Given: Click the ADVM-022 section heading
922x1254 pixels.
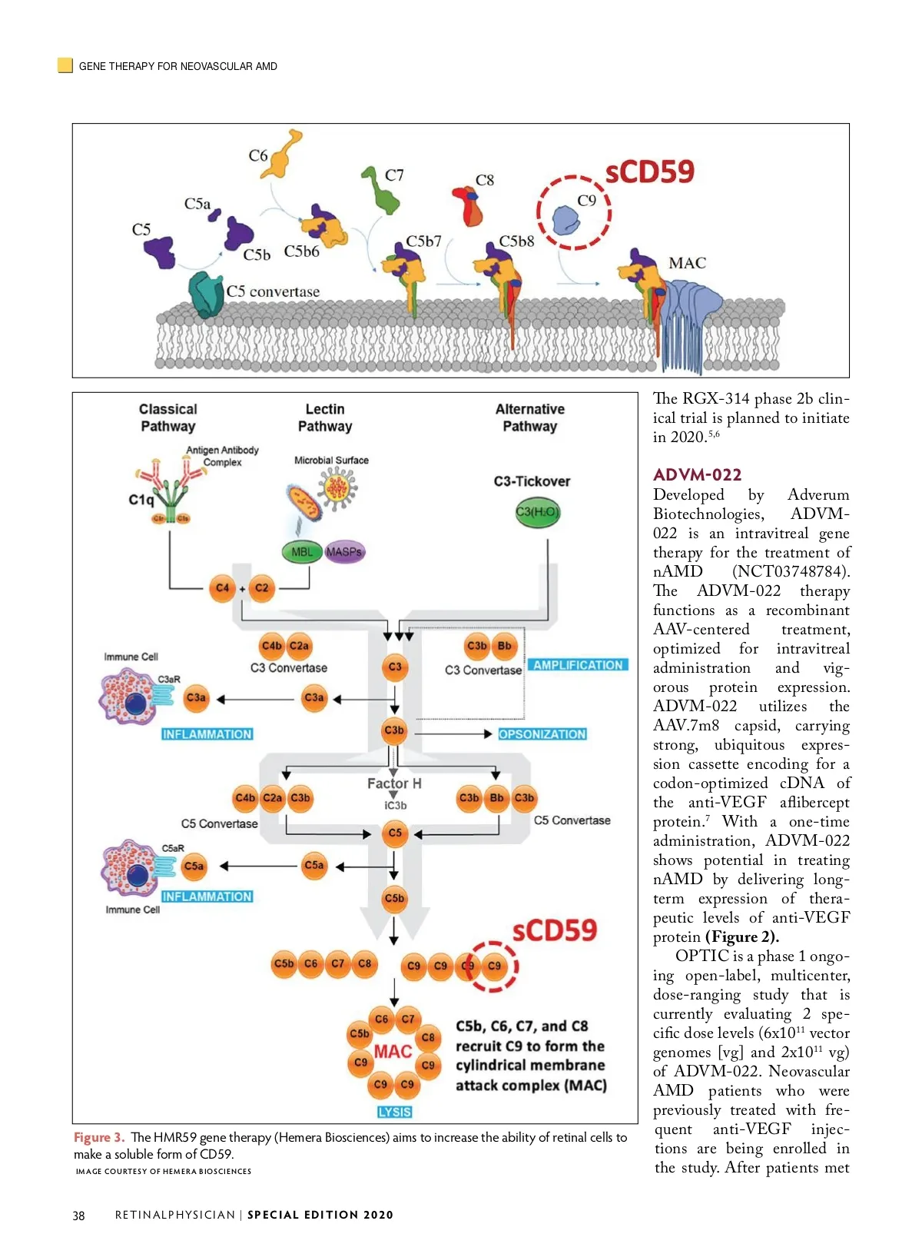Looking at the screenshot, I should point(697,474).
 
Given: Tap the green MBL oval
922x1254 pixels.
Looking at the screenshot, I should point(302,551).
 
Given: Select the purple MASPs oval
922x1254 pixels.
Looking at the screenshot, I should point(344,551).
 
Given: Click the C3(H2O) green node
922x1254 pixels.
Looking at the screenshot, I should point(537,512).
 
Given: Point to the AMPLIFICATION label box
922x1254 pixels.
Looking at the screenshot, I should point(578,665).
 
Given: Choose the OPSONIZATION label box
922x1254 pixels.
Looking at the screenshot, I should point(542,734).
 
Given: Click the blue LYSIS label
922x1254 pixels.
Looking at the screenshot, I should point(395,1112).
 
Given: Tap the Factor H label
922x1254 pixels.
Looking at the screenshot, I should point(394,783).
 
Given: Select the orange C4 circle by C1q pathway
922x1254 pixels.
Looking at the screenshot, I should point(222,588).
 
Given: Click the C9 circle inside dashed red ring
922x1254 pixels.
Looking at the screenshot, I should point(494,966).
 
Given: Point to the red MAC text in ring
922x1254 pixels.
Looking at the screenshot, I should point(393,1051).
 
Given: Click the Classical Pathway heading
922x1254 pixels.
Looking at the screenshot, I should point(168,417).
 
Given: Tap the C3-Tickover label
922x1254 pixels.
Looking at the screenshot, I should point(532,481).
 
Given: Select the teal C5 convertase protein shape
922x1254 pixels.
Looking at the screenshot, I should point(205,294).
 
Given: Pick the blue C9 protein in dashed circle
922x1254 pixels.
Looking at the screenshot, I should point(567,221).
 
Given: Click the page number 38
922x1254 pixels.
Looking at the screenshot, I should point(78,1216).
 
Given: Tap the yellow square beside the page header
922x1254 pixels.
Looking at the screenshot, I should point(65,65).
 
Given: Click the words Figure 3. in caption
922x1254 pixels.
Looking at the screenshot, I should point(99,1137).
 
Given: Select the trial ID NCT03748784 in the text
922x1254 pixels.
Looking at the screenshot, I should point(791,571).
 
